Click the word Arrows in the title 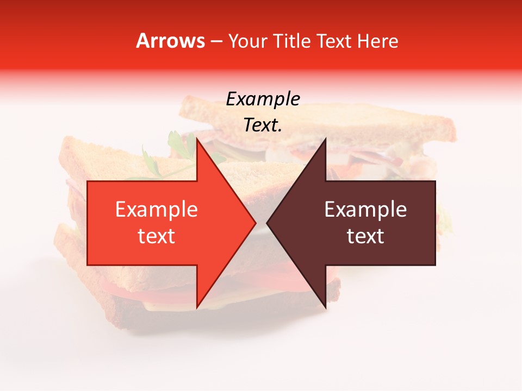[x=170, y=41]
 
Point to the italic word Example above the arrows [x=263, y=99]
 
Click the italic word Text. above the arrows [x=263, y=125]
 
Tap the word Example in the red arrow [x=157, y=209]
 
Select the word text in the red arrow [x=157, y=236]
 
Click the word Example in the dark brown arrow [x=365, y=209]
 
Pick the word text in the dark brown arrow [x=365, y=236]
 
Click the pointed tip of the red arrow [x=256, y=223]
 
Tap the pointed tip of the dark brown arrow [x=267, y=223]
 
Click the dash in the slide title [x=216, y=41]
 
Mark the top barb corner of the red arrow [x=197, y=138]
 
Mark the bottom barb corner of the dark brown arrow [x=326, y=308]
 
